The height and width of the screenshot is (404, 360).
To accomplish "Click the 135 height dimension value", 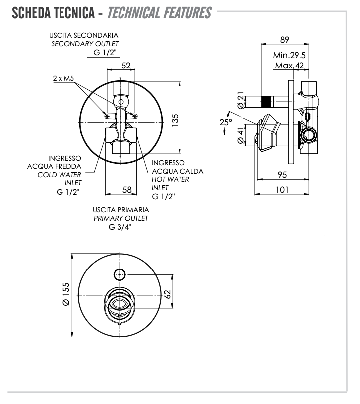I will [x=175, y=119].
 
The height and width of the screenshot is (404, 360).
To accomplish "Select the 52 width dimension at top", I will [x=126, y=65].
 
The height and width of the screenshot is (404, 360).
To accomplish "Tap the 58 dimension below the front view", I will [x=127, y=189].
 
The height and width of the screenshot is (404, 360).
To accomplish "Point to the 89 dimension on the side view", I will [x=284, y=40].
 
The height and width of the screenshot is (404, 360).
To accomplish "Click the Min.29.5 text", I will [x=289, y=55].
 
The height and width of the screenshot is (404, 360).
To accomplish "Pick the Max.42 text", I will [x=289, y=66].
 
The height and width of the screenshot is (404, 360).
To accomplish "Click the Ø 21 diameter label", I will [x=241, y=101].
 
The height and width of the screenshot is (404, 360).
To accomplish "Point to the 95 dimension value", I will [x=282, y=174].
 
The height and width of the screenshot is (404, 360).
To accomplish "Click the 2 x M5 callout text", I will [x=63, y=79].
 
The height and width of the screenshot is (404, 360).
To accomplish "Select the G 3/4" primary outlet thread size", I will [x=121, y=227].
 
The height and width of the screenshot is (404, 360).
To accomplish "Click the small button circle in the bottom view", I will [x=120, y=273].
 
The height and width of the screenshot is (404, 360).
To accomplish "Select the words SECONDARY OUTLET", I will [x=85, y=44].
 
